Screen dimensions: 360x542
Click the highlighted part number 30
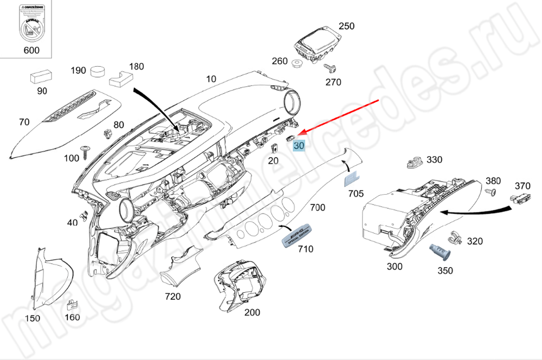[299, 145]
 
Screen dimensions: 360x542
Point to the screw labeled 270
[329, 68]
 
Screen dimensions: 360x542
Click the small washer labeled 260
[297, 64]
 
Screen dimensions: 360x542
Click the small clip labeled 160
[72, 306]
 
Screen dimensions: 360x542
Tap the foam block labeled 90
[40, 75]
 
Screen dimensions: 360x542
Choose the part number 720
[173, 297]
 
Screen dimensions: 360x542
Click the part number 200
[252, 312]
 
